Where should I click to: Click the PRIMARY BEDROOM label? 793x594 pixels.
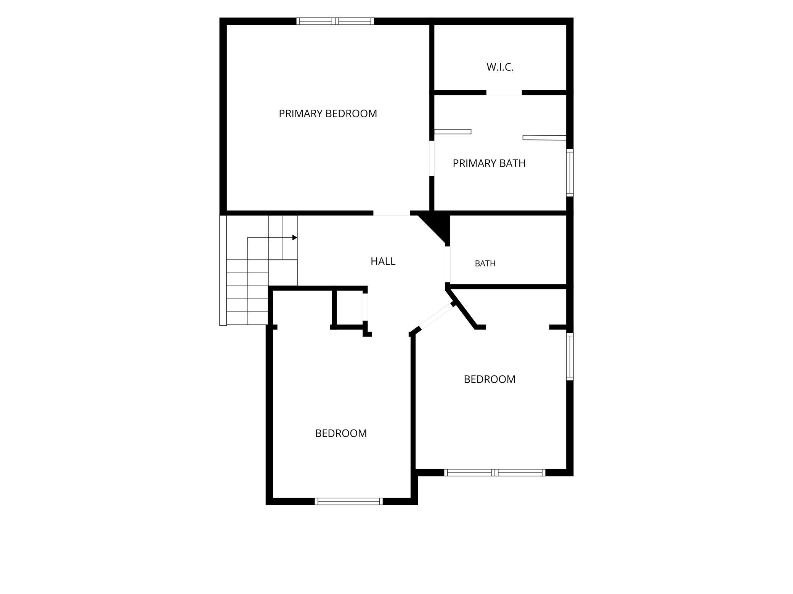pyautogui.click(x=328, y=113)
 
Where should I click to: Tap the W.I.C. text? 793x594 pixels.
pyautogui.click(x=500, y=67)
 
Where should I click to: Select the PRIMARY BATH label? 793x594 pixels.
pyautogui.click(x=489, y=163)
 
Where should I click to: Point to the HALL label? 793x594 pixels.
pyautogui.click(x=383, y=261)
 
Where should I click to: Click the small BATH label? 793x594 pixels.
pyautogui.click(x=485, y=263)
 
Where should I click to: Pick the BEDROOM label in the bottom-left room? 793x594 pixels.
pyautogui.click(x=341, y=433)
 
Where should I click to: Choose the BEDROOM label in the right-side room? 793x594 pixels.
pyautogui.click(x=490, y=379)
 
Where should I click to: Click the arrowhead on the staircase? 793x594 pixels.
pyautogui.click(x=295, y=238)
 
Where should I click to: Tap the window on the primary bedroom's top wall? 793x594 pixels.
pyautogui.click(x=335, y=21)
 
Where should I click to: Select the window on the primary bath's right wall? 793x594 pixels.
pyautogui.click(x=570, y=172)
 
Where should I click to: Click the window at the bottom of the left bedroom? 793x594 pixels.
pyautogui.click(x=348, y=501)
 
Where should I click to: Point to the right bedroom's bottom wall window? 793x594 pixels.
pyautogui.click(x=495, y=473)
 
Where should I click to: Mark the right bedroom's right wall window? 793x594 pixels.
pyautogui.click(x=570, y=356)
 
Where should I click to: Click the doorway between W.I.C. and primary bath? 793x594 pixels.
pyautogui.click(x=504, y=93)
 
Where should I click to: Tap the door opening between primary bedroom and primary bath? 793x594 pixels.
pyautogui.click(x=432, y=158)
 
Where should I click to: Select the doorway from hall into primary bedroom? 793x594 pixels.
pyautogui.click(x=392, y=213)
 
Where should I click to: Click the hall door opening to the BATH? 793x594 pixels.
pyautogui.click(x=448, y=265)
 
